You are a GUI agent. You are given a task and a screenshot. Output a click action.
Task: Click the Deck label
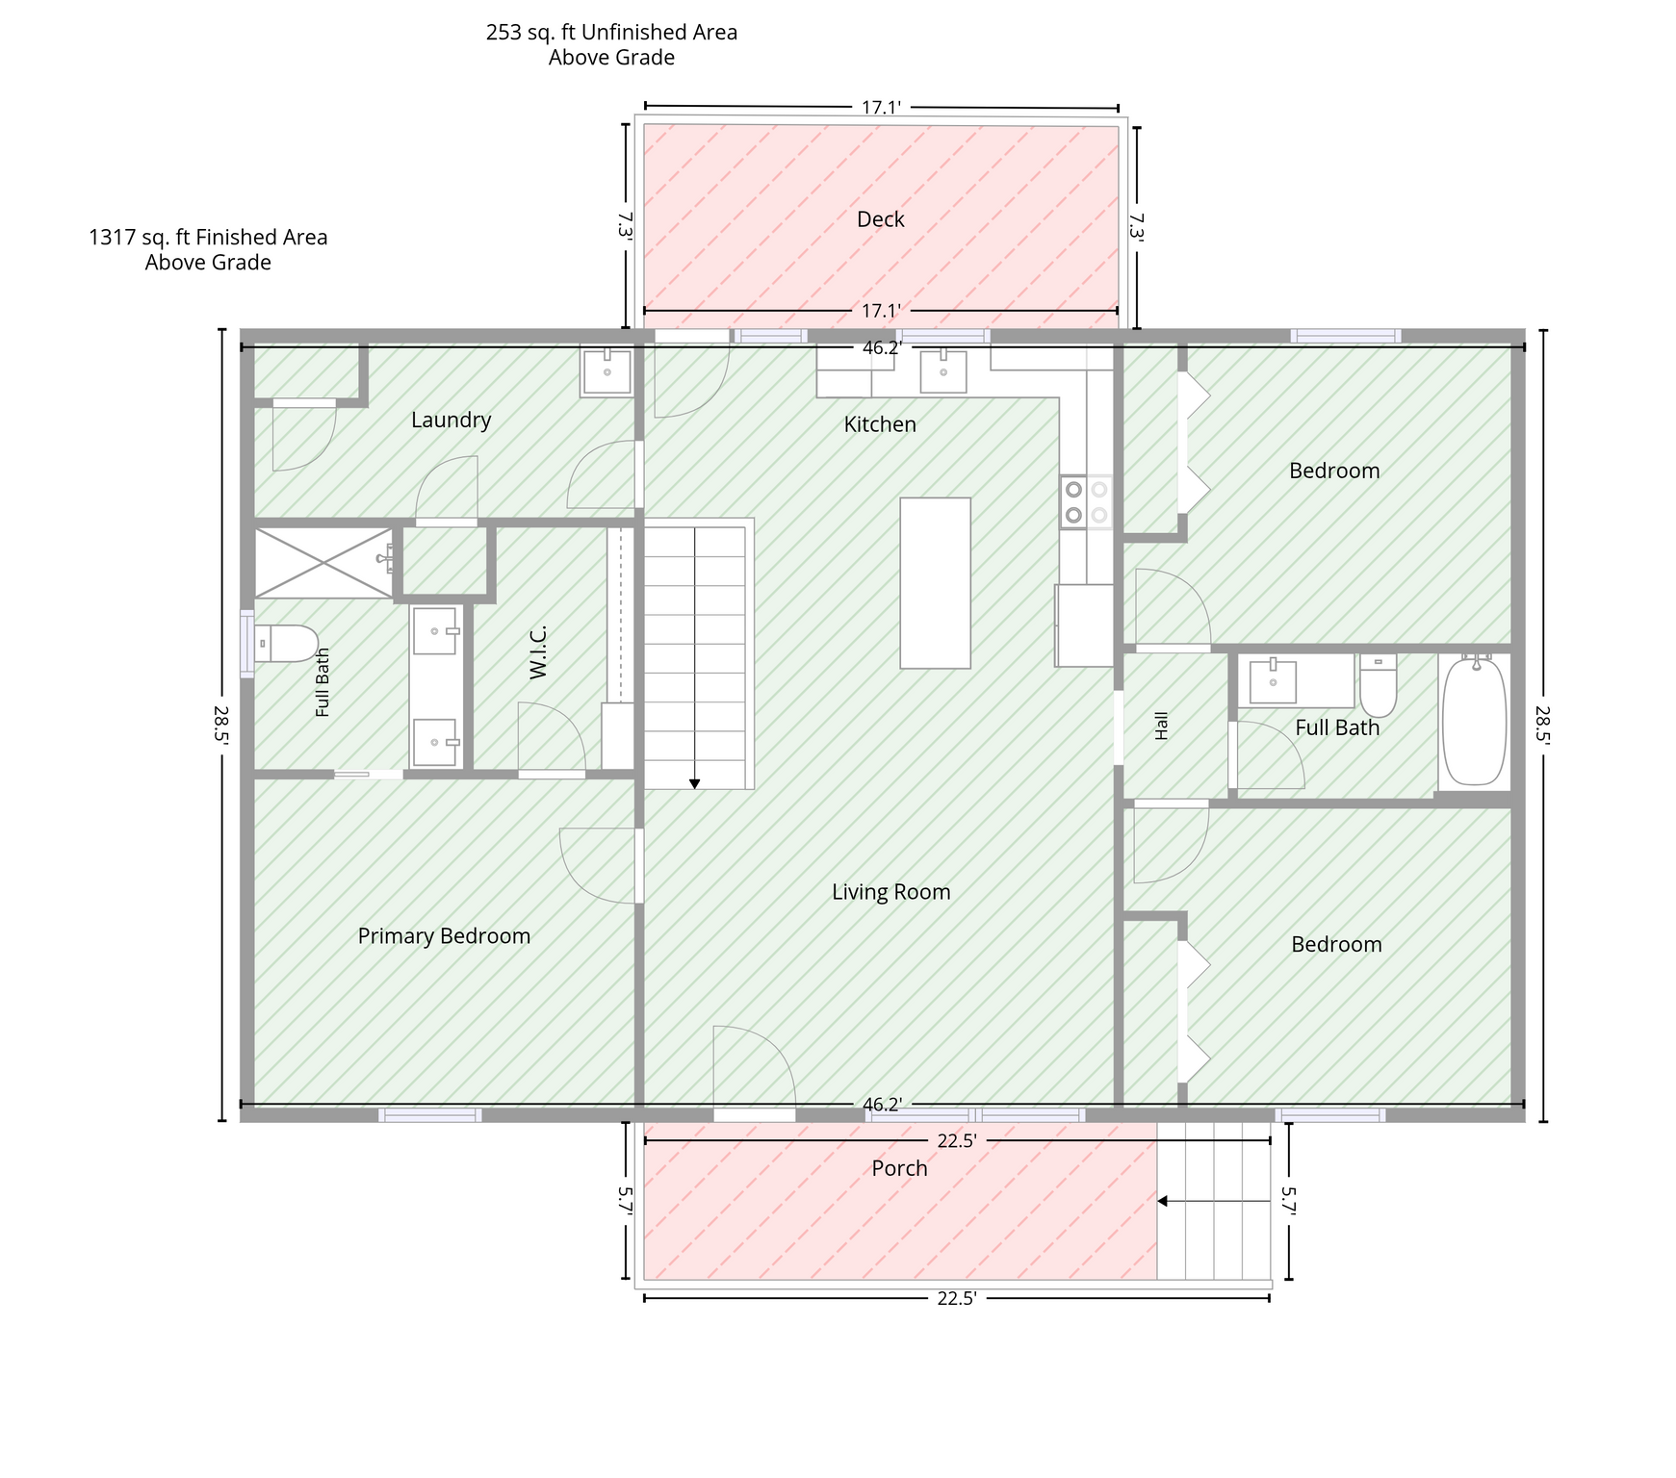pos(880,219)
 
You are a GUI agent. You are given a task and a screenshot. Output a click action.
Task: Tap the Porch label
pos(899,1168)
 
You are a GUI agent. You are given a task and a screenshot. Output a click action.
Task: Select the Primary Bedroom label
pos(444,936)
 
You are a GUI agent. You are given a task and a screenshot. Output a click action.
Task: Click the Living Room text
pos(890,892)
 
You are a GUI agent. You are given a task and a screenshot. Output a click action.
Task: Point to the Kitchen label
pos(880,424)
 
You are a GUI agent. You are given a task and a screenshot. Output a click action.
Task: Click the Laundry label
pos(451,420)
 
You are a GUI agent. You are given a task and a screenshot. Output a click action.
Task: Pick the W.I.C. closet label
pos(538,651)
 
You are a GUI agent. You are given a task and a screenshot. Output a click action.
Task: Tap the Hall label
pos(1161,726)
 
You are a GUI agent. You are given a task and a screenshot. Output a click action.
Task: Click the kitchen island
pos(935,583)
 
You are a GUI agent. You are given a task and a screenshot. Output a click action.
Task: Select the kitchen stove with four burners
pos(1086,501)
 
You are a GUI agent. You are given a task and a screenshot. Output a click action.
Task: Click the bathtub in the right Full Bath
pos(1474,721)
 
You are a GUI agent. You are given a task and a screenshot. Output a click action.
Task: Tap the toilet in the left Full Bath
pos(285,643)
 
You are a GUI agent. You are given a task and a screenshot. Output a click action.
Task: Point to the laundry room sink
pos(606,372)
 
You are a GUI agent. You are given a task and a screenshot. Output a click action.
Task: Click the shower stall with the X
pos(324,563)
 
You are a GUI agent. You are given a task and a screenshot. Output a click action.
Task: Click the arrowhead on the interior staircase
pos(695,784)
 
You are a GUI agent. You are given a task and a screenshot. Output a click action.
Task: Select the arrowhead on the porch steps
pos(1162,1201)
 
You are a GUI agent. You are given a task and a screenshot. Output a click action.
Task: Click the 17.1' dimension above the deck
pos(881,107)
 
